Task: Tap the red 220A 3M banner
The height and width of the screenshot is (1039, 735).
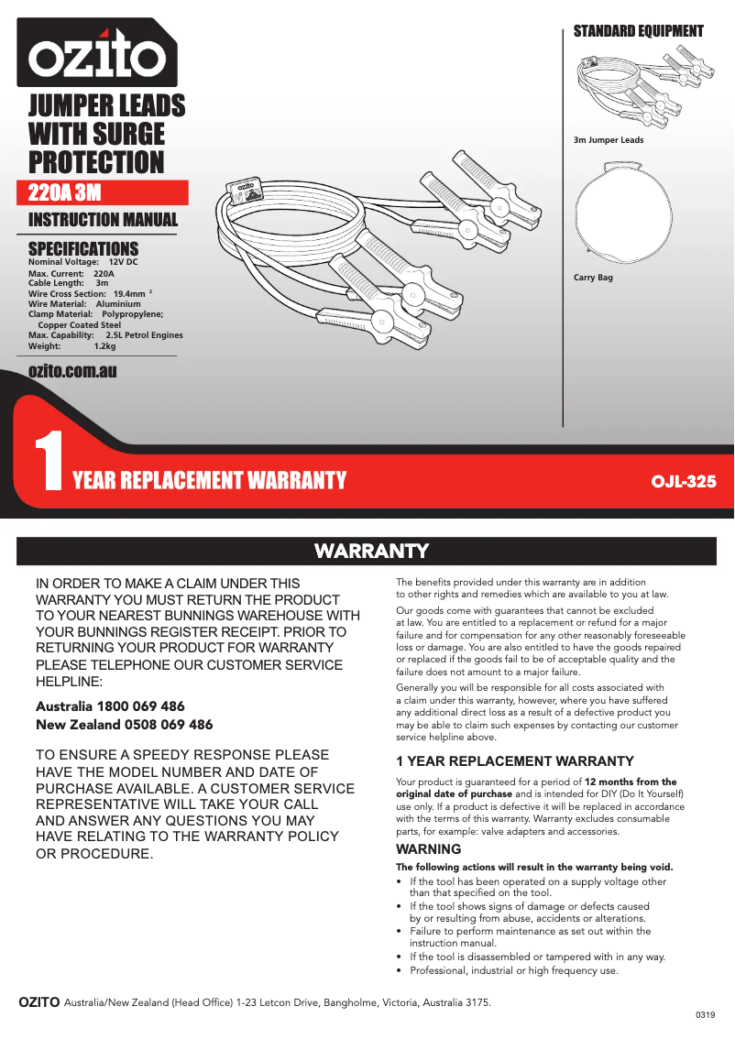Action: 108,193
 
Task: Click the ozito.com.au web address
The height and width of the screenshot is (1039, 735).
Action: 72,370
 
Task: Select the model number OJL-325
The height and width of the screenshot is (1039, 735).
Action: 683,480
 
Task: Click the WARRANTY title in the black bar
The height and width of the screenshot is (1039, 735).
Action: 371,551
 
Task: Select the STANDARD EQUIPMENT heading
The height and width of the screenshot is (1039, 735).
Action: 638,31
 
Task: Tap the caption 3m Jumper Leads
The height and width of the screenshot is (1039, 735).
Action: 609,140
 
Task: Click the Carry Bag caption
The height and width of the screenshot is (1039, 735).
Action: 593,277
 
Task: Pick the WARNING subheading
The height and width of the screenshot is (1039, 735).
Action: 428,849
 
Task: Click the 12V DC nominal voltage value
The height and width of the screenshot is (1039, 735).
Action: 123,263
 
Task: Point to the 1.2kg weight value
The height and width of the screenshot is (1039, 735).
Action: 104,347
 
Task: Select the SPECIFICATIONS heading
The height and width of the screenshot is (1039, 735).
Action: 83,248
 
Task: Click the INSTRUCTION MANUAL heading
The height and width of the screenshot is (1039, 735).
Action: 104,220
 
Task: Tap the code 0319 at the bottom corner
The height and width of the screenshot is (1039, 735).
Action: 704,1016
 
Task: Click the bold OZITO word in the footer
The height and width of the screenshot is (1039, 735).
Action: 39,1001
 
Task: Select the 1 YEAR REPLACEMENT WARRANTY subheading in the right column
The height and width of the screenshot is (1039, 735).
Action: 514,761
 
